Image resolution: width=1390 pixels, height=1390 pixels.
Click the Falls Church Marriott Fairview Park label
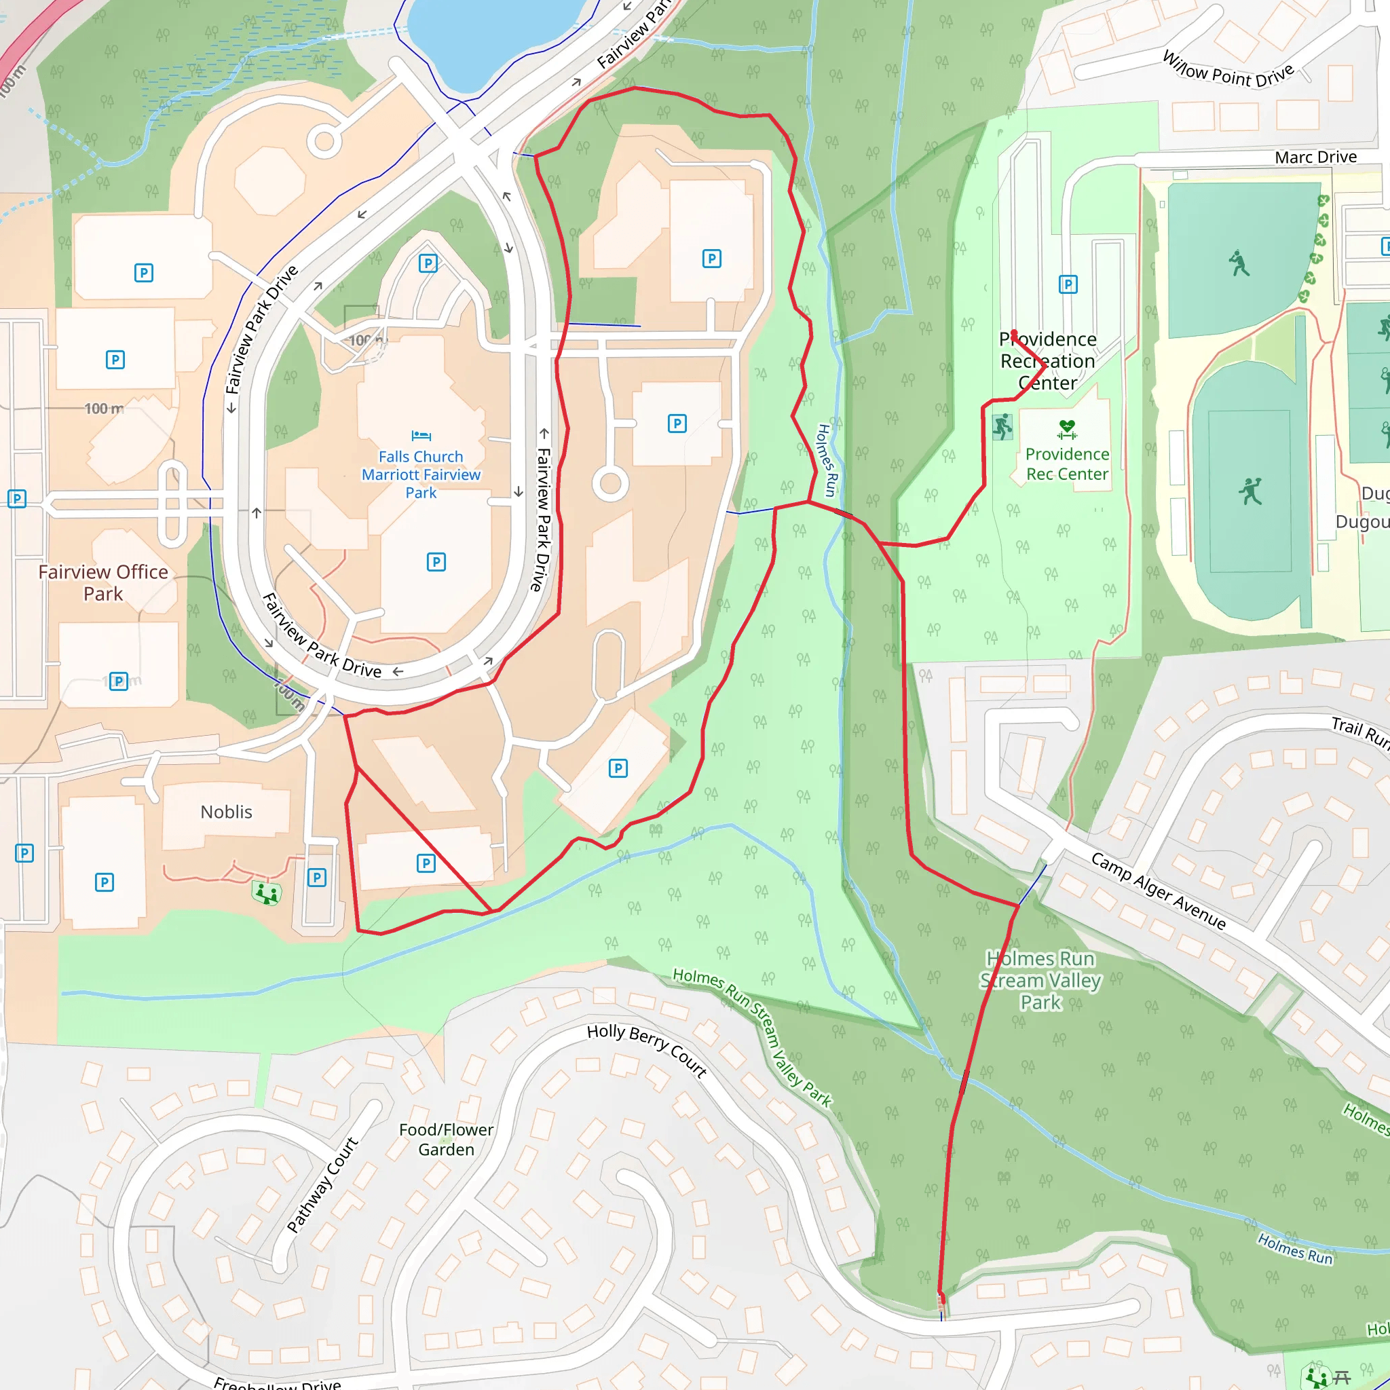[421, 474]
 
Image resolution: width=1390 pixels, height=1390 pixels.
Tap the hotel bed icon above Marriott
[421, 435]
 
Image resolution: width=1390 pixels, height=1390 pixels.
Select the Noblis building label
[226, 812]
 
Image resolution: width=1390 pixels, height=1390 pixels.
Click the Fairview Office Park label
[103, 583]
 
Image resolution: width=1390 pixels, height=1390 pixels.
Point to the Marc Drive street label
[1315, 157]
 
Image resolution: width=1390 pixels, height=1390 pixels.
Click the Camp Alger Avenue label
[1158, 890]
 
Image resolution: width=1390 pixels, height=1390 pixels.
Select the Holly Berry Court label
[646, 1050]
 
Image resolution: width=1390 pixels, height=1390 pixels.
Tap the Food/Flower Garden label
[446, 1139]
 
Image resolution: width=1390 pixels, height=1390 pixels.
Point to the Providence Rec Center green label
[1067, 464]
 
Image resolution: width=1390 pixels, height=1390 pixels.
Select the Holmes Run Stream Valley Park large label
[1040, 980]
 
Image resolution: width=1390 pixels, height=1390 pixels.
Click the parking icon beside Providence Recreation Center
[1068, 285]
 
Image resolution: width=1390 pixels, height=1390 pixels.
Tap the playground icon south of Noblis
[266, 893]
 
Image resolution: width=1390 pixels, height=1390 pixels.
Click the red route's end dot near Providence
[1014, 333]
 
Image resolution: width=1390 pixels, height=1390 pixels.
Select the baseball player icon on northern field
[1239, 263]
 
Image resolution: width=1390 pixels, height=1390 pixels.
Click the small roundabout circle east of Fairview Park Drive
[610, 483]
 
